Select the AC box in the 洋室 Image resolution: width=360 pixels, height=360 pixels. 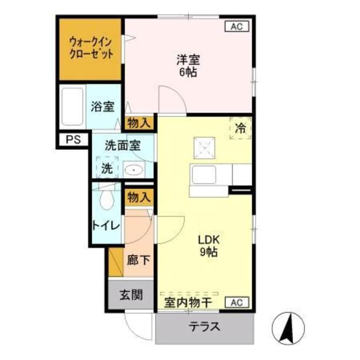(x=236, y=26)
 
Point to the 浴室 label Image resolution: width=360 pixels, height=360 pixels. (x=102, y=107)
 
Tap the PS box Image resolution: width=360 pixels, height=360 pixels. (x=73, y=140)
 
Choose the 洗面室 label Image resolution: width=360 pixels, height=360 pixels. (x=123, y=145)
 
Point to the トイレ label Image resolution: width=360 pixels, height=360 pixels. (x=106, y=225)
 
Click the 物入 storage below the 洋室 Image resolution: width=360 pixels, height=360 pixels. (x=139, y=123)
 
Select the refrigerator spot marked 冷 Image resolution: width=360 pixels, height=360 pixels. (x=240, y=128)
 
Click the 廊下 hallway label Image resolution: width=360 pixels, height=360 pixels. (x=139, y=260)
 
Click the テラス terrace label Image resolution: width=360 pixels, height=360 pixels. (x=205, y=327)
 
